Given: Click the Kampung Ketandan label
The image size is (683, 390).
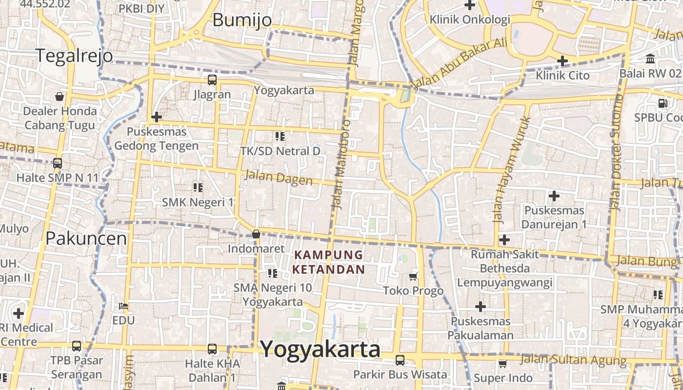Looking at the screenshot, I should coord(329,262).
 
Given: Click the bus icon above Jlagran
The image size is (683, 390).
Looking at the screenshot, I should coord(212,80).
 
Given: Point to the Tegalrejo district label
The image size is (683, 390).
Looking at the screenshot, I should coord(74,56).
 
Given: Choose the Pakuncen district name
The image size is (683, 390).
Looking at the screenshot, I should coord(86,238).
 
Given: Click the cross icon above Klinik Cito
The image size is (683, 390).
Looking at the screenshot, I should coord(562,61).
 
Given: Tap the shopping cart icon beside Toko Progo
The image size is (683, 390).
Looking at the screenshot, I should coord(413,276).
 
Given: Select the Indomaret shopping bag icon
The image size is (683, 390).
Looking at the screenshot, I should coord(256,234).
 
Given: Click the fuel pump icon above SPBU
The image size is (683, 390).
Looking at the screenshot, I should coord(663,103).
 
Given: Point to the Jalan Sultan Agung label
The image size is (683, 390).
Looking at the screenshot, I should coord(573,360).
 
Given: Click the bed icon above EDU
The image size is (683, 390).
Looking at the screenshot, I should coord(123,306).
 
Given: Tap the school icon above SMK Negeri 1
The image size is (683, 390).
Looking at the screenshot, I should coord(198,187).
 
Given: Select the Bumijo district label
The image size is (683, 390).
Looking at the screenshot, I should coord(242,19).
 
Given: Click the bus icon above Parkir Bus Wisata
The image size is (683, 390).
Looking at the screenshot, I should coord(400,360).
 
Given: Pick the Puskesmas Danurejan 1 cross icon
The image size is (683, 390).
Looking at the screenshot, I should coord(554,196).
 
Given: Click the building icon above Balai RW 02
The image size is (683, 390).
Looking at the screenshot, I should coord(650,59).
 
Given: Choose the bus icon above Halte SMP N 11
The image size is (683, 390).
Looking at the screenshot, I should coord(58,163).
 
